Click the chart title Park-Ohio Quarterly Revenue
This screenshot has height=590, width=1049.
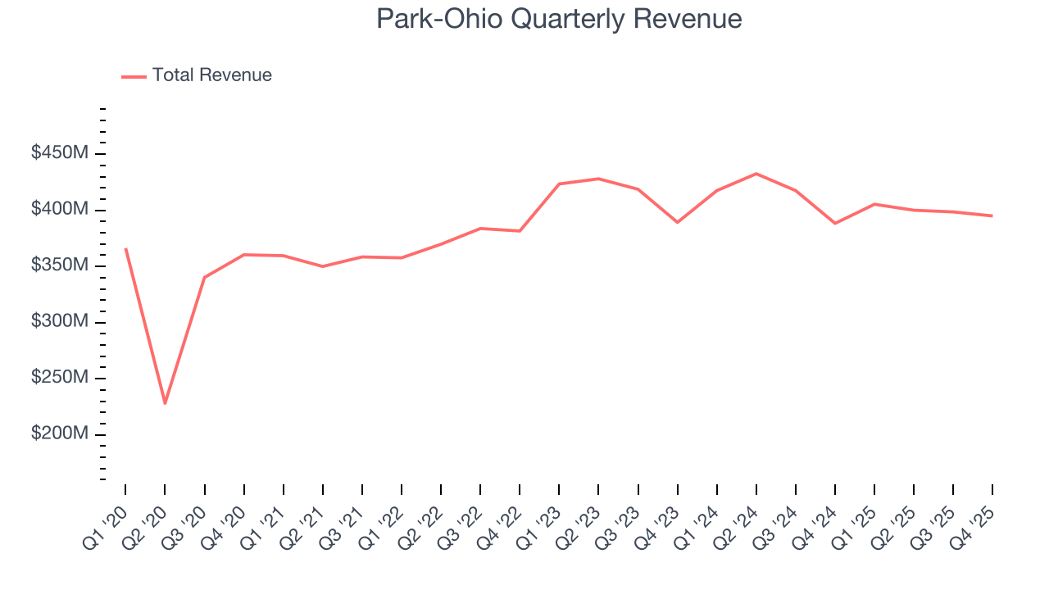[x=559, y=19]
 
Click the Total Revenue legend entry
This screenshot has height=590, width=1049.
[x=211, y=75]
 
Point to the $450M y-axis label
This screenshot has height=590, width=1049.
[x=60, y=153]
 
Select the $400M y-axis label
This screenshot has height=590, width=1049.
[x=60, y=210]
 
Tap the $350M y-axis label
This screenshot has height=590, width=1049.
[x=60, y=265]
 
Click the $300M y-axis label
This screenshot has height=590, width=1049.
[x=60, y=322]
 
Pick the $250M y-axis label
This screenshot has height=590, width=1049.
[x=60, y=378]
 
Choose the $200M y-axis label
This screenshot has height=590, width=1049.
[x=60, y=433]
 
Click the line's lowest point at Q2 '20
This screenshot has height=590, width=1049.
[x=165, y=403]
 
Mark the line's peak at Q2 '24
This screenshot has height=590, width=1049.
[x=756, y=174]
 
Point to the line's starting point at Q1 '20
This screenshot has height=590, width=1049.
[x=125, y=248]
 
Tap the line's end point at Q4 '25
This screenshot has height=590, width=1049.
[x=992, y=216]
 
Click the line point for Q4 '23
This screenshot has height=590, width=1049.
[x=677, y=222]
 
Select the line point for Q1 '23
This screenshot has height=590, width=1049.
[x=559, y=184]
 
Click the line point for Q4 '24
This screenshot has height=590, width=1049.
[x=834, y=223]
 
